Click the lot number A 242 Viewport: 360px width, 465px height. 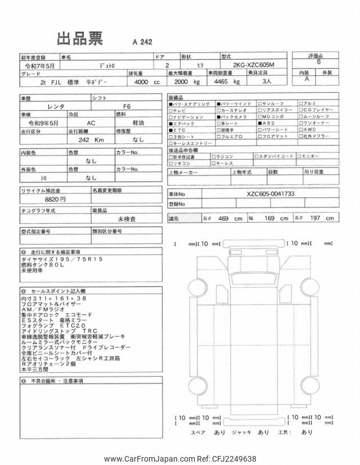point(142,42)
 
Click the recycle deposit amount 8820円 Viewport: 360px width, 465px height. point(55,199)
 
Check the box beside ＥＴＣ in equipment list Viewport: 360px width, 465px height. point(171,129)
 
